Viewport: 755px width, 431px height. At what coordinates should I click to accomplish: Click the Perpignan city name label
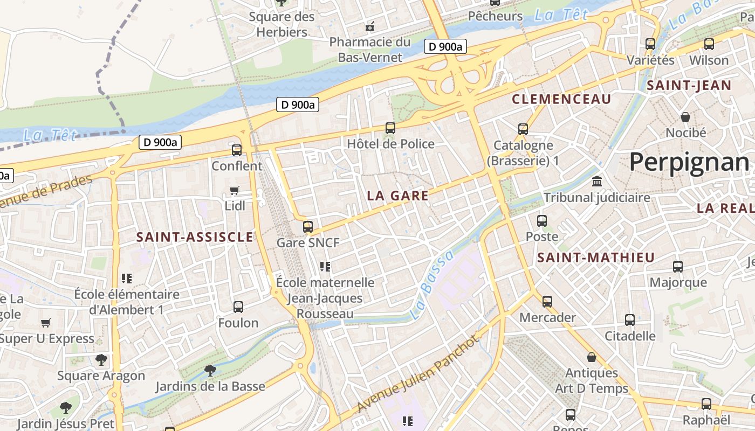pos(689,162)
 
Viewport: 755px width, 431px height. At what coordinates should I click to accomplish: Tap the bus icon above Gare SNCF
pos(308,227)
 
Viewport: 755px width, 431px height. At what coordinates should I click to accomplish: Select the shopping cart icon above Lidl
pos(235,190)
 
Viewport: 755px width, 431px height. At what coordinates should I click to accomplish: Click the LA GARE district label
pos(397,196)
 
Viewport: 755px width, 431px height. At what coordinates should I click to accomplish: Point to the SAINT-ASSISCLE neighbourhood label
pos(195,237)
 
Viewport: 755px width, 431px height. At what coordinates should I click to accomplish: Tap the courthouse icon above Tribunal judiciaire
pos(596,182)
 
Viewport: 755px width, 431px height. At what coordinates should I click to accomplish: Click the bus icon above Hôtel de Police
pos(390,128)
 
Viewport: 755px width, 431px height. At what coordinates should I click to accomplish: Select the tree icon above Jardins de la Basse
pos(210,370)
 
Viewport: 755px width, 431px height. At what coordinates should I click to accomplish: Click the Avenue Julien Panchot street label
pos(418,373)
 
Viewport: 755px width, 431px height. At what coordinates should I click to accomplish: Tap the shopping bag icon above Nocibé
pos(685,116)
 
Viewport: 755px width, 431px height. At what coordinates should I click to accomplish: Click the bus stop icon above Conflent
pos(237,150)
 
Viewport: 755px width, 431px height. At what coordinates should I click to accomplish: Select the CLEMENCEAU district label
pos(561,99)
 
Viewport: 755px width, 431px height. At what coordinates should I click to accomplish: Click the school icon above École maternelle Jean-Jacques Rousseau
pos(325,266)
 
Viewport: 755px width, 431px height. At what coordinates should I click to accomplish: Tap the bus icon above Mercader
pos(547,301)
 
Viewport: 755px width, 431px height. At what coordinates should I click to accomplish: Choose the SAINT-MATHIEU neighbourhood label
pos(595,258)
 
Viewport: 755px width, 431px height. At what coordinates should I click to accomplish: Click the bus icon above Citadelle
pos(630,320)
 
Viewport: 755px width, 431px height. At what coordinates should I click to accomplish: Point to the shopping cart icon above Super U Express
pos(46,323)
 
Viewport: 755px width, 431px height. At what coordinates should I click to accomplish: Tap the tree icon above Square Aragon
pos(101,359)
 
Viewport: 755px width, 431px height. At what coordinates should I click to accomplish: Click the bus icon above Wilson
pos(709,44)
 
